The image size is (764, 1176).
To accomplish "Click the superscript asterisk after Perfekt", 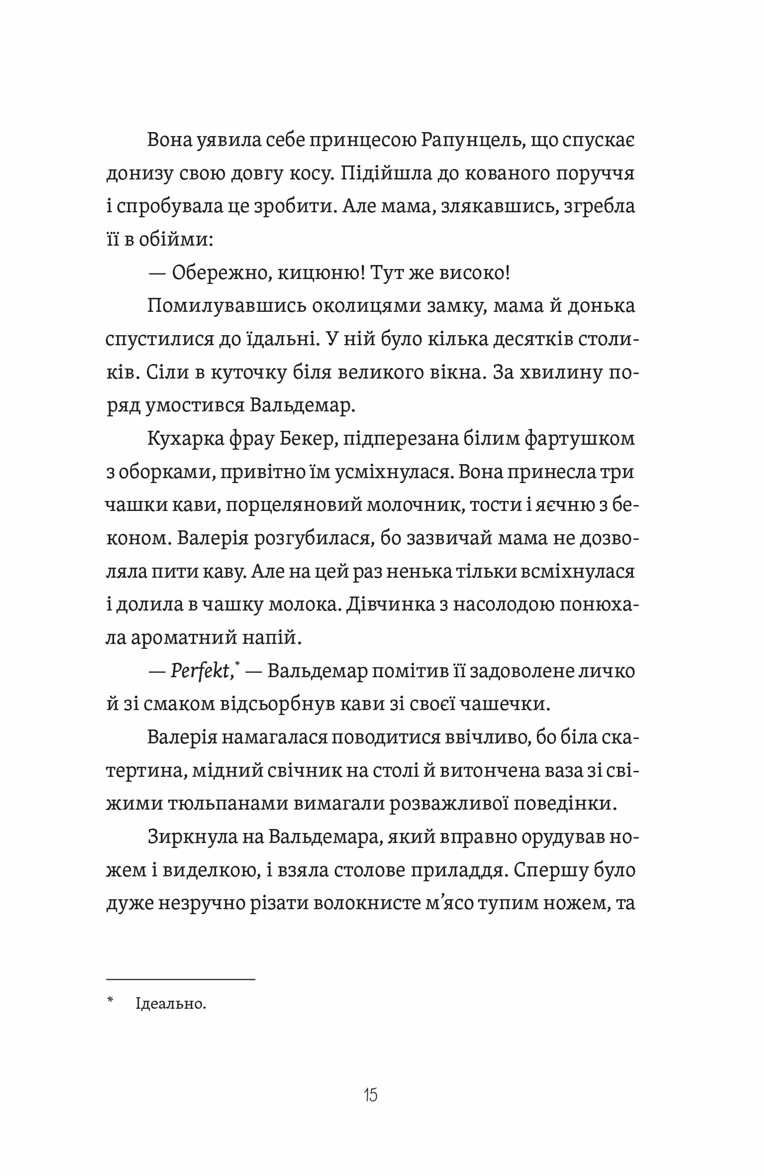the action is [x=238, y=665].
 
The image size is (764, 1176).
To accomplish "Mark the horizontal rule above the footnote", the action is [x=180, y=979].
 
